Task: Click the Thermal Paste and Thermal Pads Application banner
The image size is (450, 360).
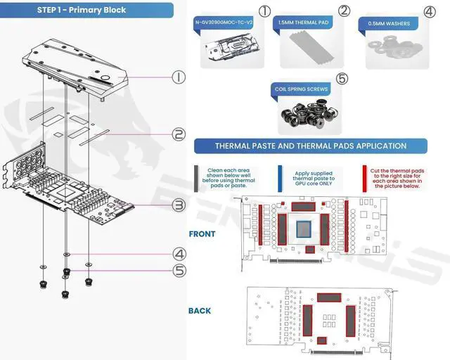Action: [311, 146]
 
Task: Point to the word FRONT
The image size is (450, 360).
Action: [202, 233]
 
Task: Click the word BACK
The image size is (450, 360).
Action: [199, 310]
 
